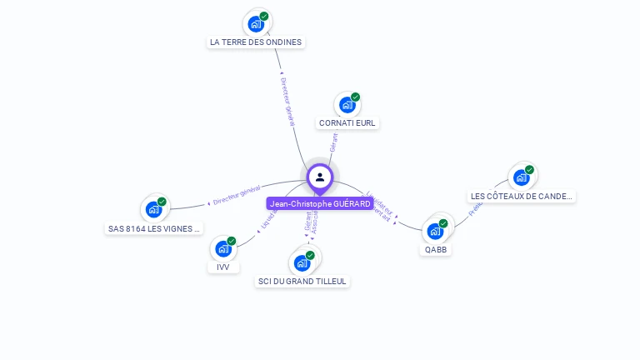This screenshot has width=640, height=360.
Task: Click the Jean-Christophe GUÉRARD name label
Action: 319,204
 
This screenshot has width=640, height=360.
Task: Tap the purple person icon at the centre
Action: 320,177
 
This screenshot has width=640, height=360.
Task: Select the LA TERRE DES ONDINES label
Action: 256,42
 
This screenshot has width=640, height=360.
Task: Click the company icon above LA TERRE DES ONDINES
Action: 256,23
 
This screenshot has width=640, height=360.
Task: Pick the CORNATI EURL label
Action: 347,123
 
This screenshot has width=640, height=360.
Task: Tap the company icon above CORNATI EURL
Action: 347,105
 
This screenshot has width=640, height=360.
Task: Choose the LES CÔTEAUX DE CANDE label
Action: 522,197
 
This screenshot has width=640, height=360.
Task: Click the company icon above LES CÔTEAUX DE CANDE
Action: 522,177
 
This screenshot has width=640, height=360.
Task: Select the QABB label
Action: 436,249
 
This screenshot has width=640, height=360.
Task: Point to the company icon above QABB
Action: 436,230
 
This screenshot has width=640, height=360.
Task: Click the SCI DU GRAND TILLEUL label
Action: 302,282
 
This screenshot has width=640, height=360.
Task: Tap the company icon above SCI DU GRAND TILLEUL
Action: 302,262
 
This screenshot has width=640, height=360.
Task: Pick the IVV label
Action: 222,267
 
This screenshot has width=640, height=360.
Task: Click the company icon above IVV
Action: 222,248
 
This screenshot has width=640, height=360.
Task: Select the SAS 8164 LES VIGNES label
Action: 155,228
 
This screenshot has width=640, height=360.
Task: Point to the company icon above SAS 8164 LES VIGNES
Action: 154,209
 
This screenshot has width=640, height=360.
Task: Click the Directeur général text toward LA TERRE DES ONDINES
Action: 288,101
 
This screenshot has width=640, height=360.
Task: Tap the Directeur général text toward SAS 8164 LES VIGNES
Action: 237,196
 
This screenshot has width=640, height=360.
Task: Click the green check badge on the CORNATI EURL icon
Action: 355,97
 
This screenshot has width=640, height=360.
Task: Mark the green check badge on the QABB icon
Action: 443,223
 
